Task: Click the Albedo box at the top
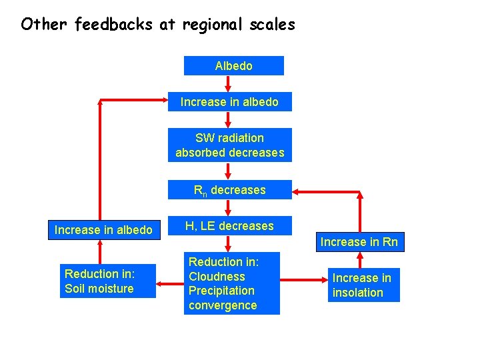click(233, 66)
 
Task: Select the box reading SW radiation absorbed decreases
click(229, 145)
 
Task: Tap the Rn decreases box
click(229, 190)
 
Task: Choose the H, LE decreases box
click(229, 226)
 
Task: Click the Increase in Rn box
click(359, 241)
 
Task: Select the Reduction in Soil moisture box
click(107, 281)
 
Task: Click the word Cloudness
click(217, 277)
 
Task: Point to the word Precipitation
click(221, 291)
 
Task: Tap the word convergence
click(223, 305)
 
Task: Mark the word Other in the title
click(45, 25)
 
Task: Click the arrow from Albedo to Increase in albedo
click(229, 83)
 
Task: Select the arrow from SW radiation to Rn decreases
click(229, 171)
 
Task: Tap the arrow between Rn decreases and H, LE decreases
click(229, 207)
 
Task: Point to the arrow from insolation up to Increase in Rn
click(360, 260)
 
